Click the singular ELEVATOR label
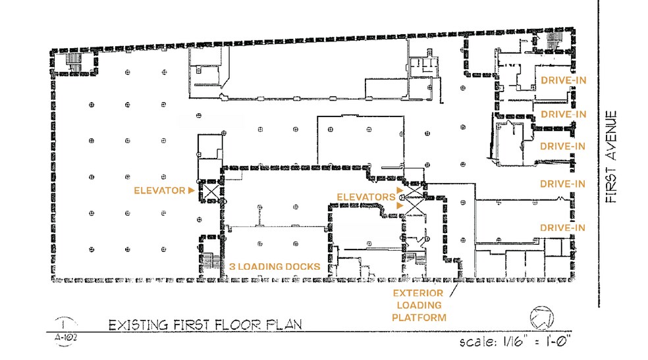coord(159,191)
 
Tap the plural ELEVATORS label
coord(365,197)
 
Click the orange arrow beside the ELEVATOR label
coord(192,191)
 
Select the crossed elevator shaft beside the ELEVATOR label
coord(211,192)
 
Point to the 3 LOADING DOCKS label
coord(275,267)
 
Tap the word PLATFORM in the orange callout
coord(419,318)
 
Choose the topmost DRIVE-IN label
coord(562,80)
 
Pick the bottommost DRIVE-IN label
coord(562,228)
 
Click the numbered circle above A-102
coord(63,324)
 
